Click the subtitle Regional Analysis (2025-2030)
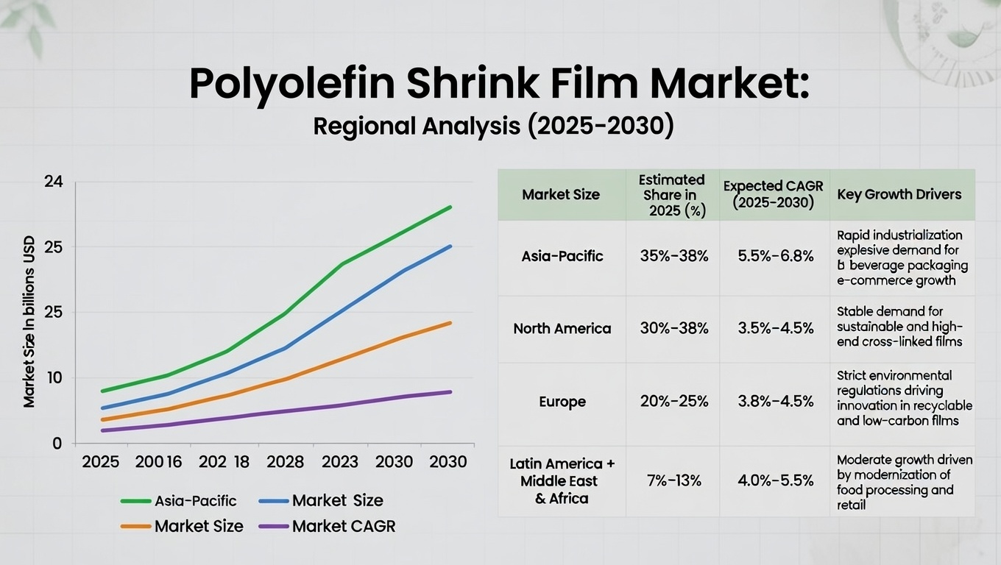click(x=493, y=126)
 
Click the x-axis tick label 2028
click(x=285, y=462)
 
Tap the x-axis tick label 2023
click(x=339, y=462)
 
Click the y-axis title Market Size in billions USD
click(x=29, y=321)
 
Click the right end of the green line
click(x=450, y=207)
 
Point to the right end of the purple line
click(x=450, y=391)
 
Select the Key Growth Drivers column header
click(x=899, y=195)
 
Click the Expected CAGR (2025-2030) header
click(x=773, y=195)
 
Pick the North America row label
click(x=562, y=329)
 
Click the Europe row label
click(x=562, y=402)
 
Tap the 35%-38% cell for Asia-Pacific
click(x=674, y=257)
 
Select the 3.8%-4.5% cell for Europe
click(x=775, y=402)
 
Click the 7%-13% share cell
click(x=674, y=481)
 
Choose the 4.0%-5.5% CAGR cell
click(x=775, y=481)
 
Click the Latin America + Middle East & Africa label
click(x=562, y=481)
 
